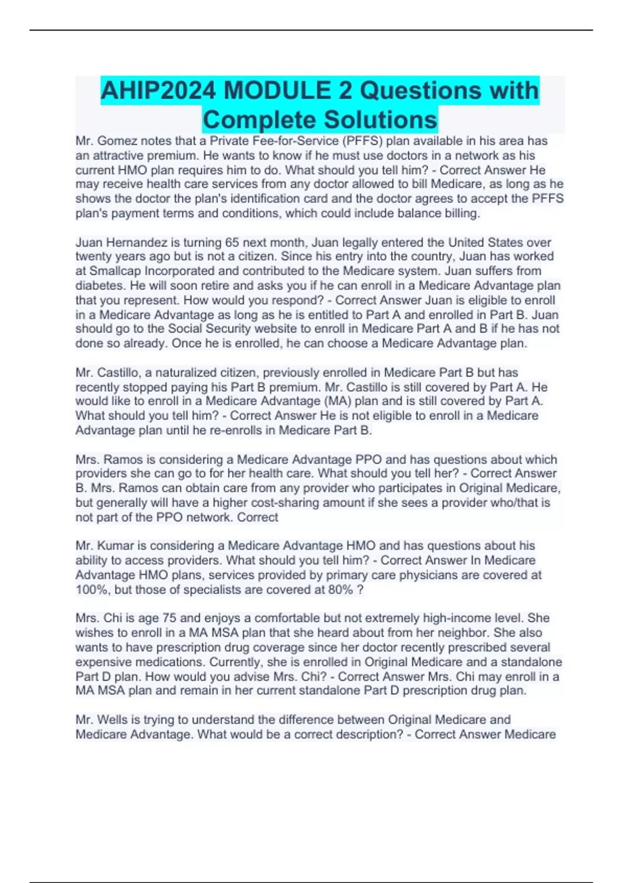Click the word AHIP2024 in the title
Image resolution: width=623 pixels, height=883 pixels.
point(158,91)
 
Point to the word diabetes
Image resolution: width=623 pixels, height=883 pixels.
point(101,286)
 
